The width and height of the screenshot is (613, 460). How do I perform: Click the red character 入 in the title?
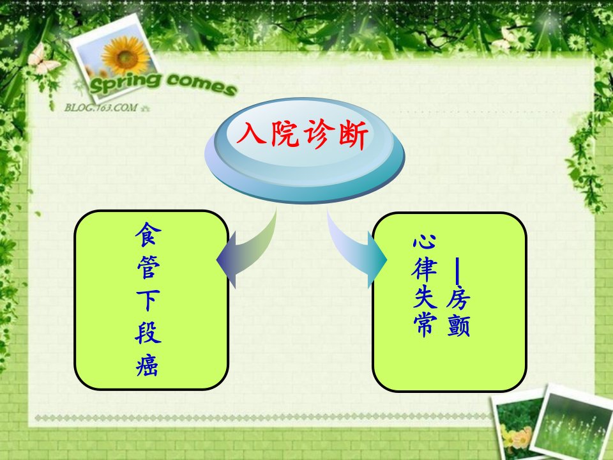(x=250, y=133)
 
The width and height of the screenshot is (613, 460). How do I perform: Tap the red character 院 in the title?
(x=285, y=134)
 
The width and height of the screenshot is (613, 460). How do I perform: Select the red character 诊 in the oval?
(x=319, y=134)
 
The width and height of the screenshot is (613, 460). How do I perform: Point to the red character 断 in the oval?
(x=353, y=135)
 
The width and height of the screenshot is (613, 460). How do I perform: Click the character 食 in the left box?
(x=148, y=234)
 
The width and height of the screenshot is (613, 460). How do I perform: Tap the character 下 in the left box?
(x=148, y=300)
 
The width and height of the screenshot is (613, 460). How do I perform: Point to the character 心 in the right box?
(x=424, y=241)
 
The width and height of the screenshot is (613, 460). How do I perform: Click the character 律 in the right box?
(x=424, y=270)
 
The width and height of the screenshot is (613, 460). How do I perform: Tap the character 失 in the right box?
(x=425, y=296)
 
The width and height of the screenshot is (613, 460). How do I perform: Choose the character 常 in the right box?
(x=425, y=324)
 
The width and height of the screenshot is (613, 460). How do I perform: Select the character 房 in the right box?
(x=458, y=299)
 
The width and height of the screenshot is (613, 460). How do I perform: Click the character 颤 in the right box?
(x=458, y=325)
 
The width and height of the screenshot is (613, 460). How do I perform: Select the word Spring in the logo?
(x=125, y=83)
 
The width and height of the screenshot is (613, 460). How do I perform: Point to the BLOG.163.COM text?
(x=102, y=107)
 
